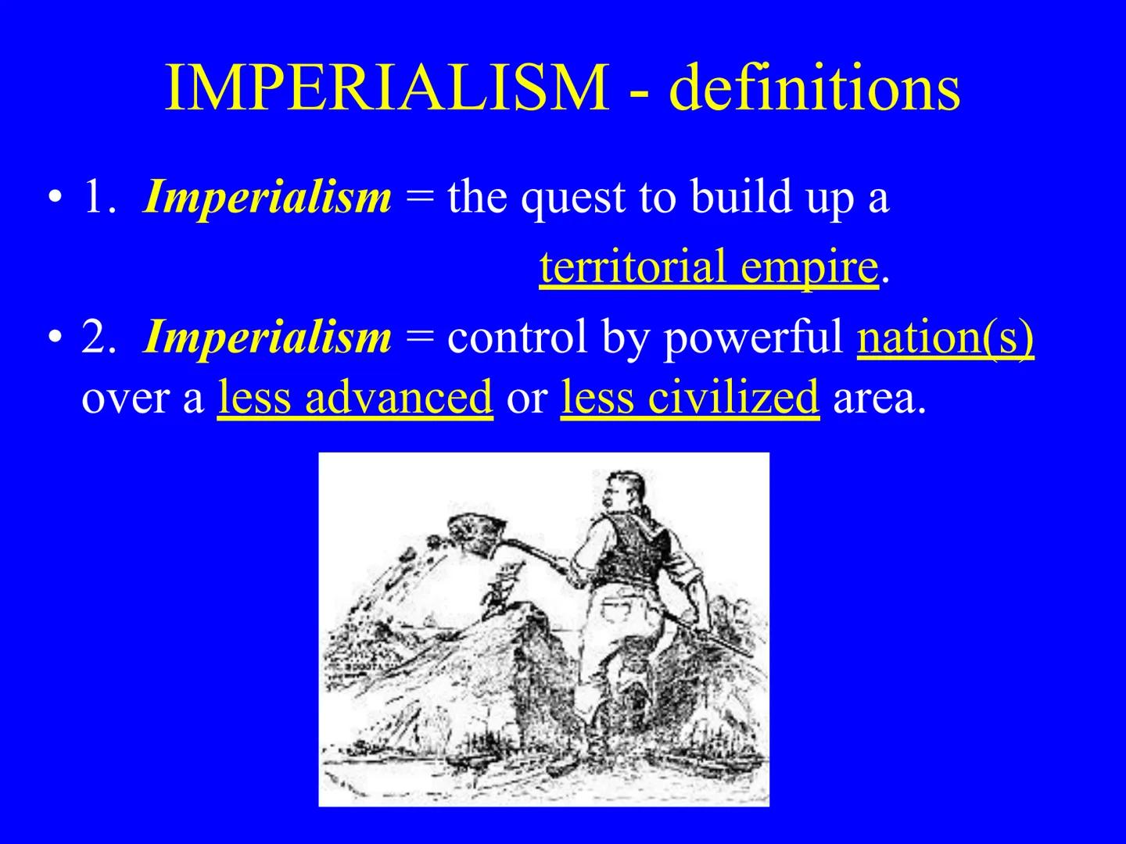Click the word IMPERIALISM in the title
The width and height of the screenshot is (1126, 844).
tap(386, 88)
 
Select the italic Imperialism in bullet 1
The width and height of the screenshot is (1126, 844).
tap(267, 197)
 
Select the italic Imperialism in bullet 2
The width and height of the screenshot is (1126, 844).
tap(267, 338)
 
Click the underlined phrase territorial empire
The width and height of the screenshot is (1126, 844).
tap(708, 267)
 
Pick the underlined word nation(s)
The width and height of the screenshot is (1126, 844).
tap(945, 338)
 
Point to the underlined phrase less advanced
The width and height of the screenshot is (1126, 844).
tap(355, 397)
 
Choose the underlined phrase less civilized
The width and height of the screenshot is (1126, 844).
tap(690, 397)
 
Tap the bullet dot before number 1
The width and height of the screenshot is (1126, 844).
tap(53, 198)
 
